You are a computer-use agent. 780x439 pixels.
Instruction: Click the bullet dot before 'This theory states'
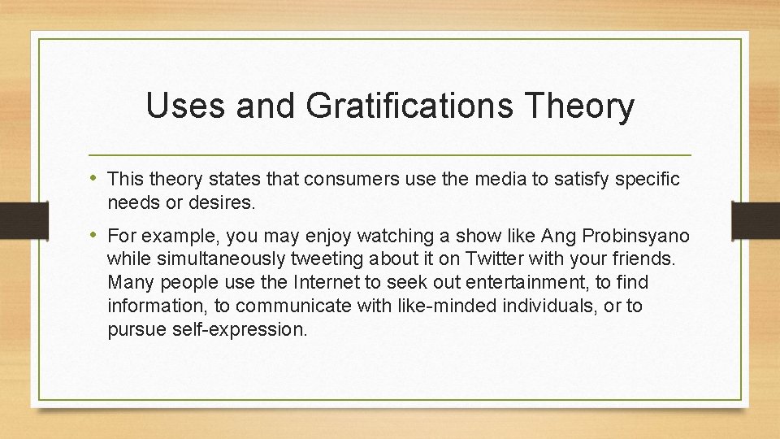(x=97, y=178)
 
